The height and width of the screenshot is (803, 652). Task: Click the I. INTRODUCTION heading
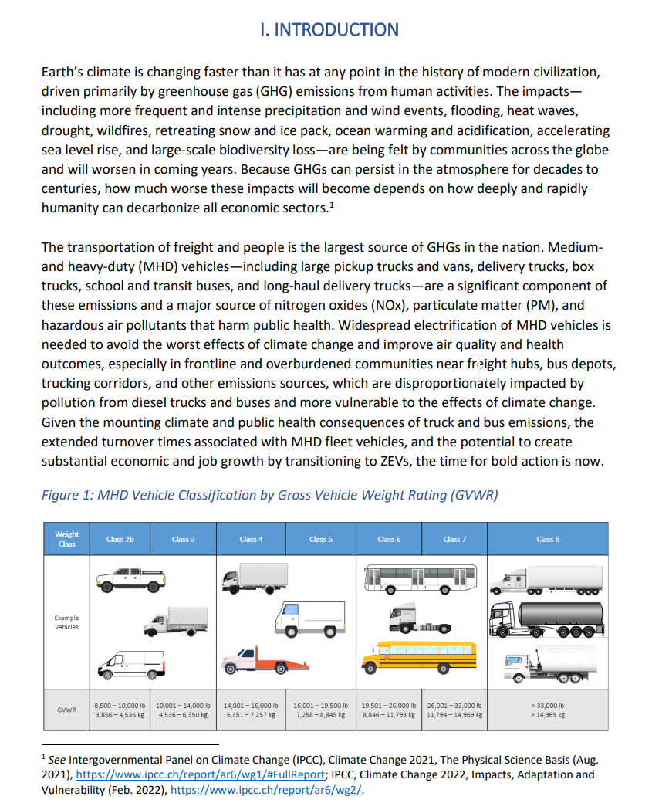pyautogui.click(x=329, y=30)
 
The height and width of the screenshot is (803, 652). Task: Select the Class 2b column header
pyautogui.click(x=120, y=539)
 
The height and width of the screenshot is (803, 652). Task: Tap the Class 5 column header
pyautogui.click(x=320, y=539)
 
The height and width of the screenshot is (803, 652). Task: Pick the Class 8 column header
pyautogui.click(x=548, y=539)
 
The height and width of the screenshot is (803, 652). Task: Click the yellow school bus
pyautogui.click(x=419, y=656)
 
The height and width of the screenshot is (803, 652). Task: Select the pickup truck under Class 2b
pyautogui.click(x=130, y=578)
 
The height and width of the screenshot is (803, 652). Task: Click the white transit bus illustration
pyautogui.click(x=419, y=578)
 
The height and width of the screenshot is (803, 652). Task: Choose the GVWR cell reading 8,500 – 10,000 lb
pyautogui.click(x=120, y=710)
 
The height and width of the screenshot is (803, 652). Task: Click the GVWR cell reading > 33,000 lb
pyautogui.click(x=548, y=710)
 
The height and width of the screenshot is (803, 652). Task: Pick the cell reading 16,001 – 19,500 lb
pyautogui.click(x=320, y=710)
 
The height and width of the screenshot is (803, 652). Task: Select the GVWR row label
pyautogui.click(x=66, y=710)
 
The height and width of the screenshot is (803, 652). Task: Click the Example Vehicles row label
pyautogui.click(x=66, y=622)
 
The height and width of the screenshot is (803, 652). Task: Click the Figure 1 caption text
pyautogui.click(x=269, y=495)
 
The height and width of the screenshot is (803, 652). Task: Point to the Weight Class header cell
pyautogui.click(x=66, y=539)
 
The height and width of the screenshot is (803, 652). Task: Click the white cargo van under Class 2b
pyautogui.click(x=131, y=663)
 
